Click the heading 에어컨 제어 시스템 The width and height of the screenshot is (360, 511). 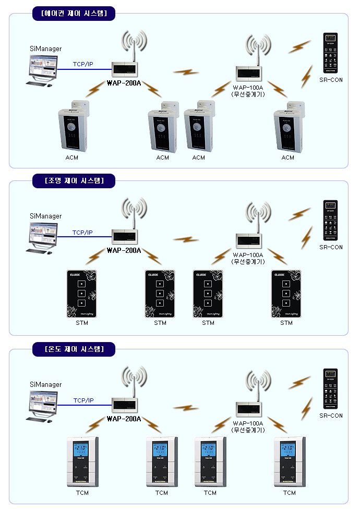coord(73,13)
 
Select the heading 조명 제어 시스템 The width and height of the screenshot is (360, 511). coord(73,181)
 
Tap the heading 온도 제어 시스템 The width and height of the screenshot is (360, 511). coord(73,349)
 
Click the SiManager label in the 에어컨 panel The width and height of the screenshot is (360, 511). coord(45,49)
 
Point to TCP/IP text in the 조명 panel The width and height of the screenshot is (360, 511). coord(82,233)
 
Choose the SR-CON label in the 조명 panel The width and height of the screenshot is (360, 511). coord(331,247)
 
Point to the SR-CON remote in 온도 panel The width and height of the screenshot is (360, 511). coord(331,389)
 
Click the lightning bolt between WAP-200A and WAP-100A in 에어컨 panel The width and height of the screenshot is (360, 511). coord(186,71)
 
